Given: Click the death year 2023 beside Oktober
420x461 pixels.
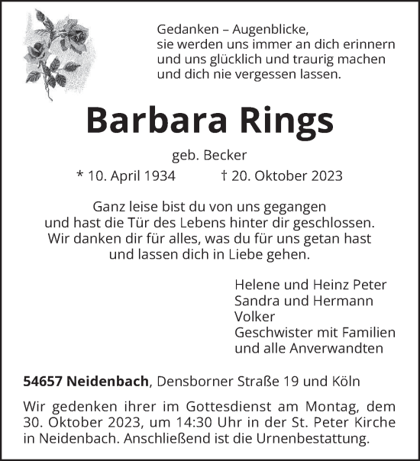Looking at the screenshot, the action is tap(324, 176).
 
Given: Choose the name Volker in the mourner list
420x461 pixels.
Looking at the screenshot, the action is tap(255, 317).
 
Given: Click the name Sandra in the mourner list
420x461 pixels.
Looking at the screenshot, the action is tap(259, 301).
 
